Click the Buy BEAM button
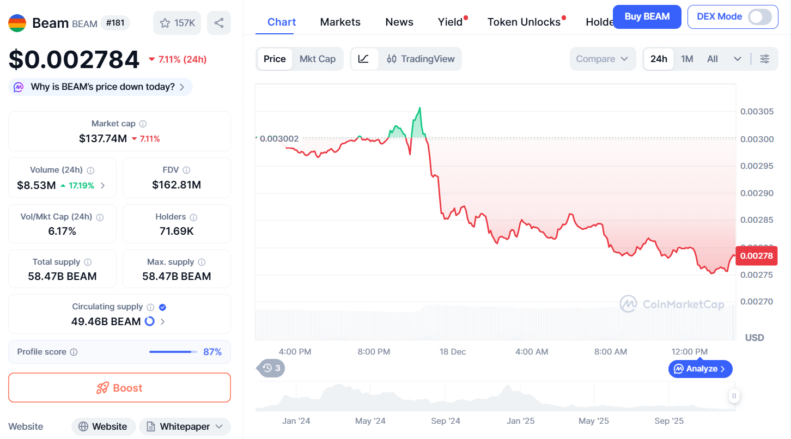[x=647, y=17]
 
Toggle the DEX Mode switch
[x=759, y=17]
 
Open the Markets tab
[x=340, y=22]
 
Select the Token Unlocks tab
[x=524, y=22]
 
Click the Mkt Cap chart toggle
[x=317, y=59]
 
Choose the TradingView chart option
[x=421, y=59]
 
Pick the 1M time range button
[x=686, y=59]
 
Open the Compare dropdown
[x=602, y=59]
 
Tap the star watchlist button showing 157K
[x=177, y=23]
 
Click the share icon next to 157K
[x=219, y=23]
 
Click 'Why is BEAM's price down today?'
[x=102, y=87]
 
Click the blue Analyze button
[x=700, y=369]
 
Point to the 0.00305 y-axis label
[x=757, y=112]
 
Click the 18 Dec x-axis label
[x=453, y=352]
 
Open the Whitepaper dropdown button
[x=185, y=426]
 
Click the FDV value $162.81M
[x=177, y=185]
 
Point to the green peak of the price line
[x=419, y=108]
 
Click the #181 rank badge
[x=115, y=23]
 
